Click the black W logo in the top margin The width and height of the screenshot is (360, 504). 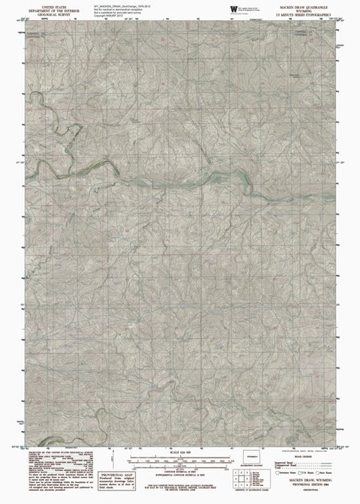click(232, 7)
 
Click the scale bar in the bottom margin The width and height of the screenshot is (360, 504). click(180, 458)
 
